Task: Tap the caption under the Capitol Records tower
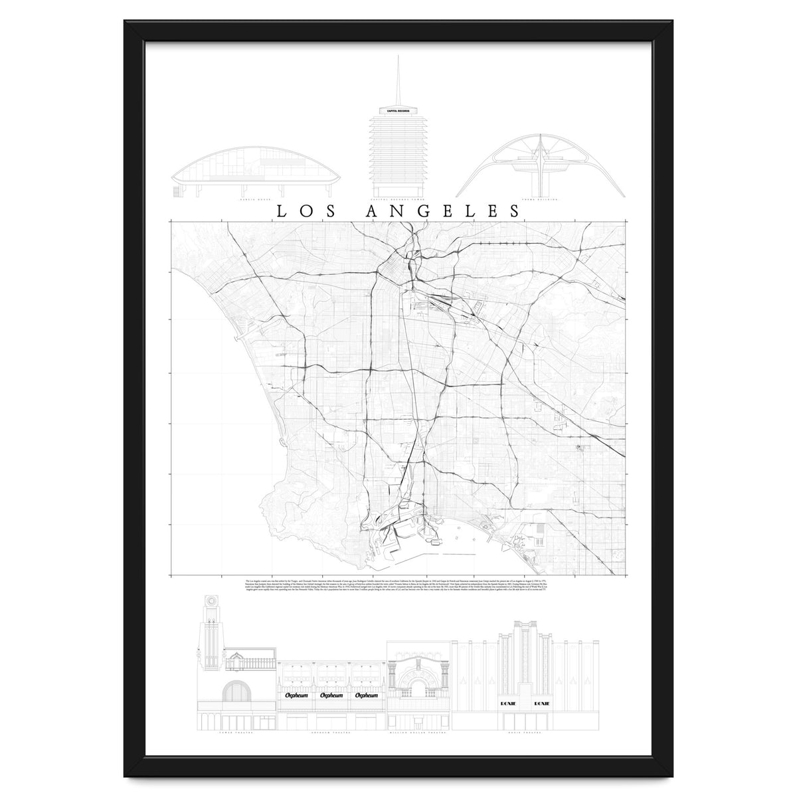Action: (x=397, y=198)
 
